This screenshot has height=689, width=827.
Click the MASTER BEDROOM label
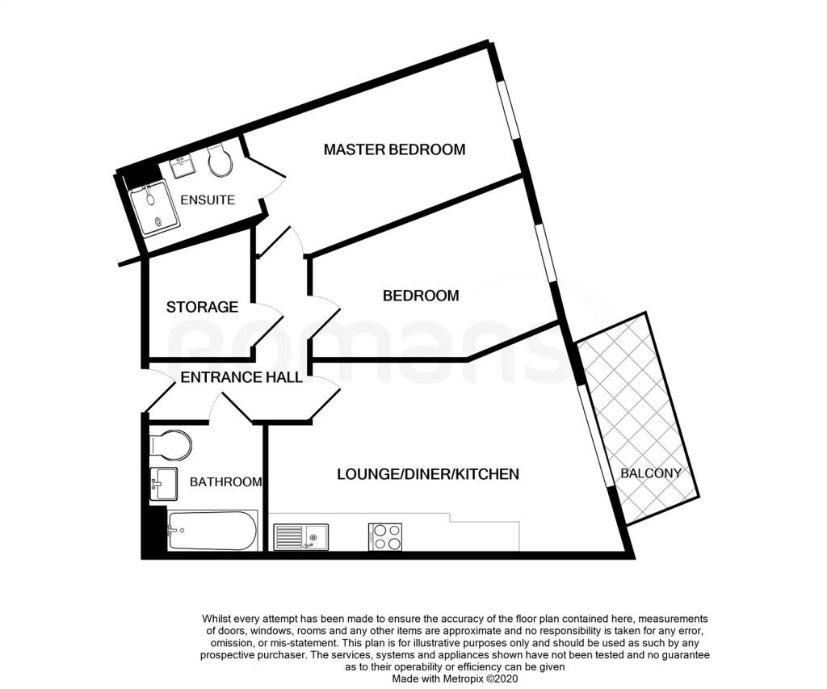tap(394, 149)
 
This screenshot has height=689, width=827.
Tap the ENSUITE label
tap(208, 200)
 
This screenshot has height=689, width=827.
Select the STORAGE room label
tap(202, 307)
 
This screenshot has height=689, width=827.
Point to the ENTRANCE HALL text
tap(241, 377)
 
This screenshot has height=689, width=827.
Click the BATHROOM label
tap(226, 481)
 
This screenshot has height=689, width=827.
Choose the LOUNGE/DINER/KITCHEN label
tap(428, 474)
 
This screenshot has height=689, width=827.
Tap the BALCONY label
tap(651, 473)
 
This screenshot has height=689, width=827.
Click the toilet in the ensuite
tap(219, 159)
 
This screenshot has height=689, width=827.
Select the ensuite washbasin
tap(183, 167)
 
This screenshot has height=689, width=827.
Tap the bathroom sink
tap(164, 483)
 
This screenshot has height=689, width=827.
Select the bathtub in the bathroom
tap(212, 530)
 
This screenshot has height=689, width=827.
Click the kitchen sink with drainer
tap(300, 537)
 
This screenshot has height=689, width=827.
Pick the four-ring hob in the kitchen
tap(385, 537)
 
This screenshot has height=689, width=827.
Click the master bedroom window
tap(510, 111)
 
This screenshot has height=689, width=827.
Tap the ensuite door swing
tap(267, 177)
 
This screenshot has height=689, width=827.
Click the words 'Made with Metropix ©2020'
tap(455, 678)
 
